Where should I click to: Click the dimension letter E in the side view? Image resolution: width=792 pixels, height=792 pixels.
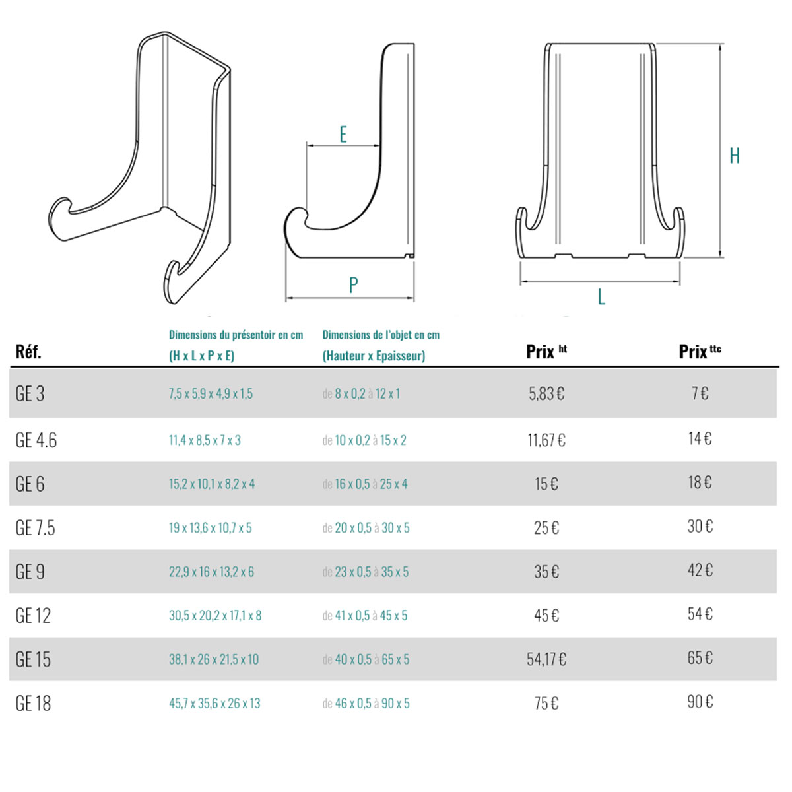[343, 135]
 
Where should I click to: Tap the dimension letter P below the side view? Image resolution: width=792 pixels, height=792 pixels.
[353, 284]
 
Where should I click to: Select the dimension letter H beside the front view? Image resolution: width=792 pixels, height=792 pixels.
[735, 156]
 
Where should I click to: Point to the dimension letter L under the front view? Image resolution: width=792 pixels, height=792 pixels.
[601, 296]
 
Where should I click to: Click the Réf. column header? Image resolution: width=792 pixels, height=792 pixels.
[28, 352]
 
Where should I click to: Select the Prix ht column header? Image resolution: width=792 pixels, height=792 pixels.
[546, 351]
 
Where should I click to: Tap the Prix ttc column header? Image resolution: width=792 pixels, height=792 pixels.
[700, 351]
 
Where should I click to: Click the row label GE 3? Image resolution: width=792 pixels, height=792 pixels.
[30, 394]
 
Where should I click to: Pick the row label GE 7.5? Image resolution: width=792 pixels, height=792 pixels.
[35, 528]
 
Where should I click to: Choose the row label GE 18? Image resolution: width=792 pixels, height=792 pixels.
[33, 703]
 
